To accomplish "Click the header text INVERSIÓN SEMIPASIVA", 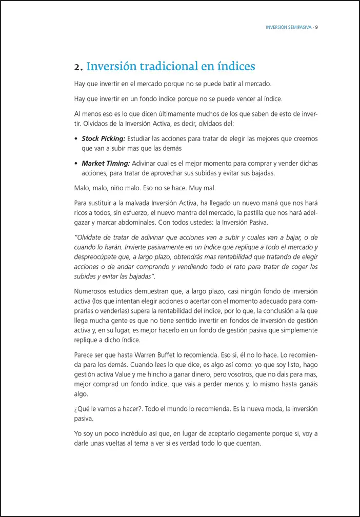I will (x=289, y=27).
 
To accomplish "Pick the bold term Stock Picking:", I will (x=103, y=138).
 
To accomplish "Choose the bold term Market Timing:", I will (x=105, y=164).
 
